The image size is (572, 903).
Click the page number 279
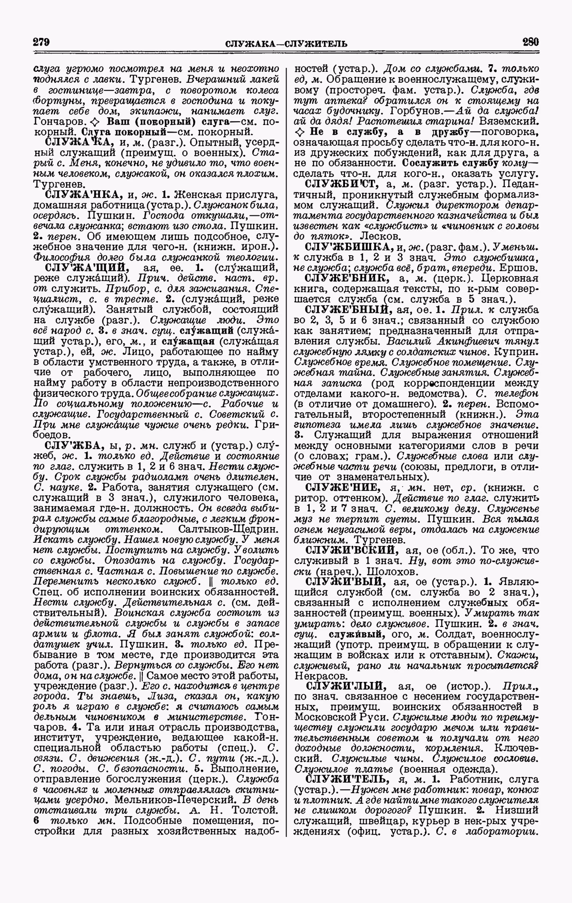[x=42, y=42]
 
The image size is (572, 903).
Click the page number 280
[x=530, y=42]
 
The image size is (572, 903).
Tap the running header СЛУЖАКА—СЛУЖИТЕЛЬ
[x=286, y=44]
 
